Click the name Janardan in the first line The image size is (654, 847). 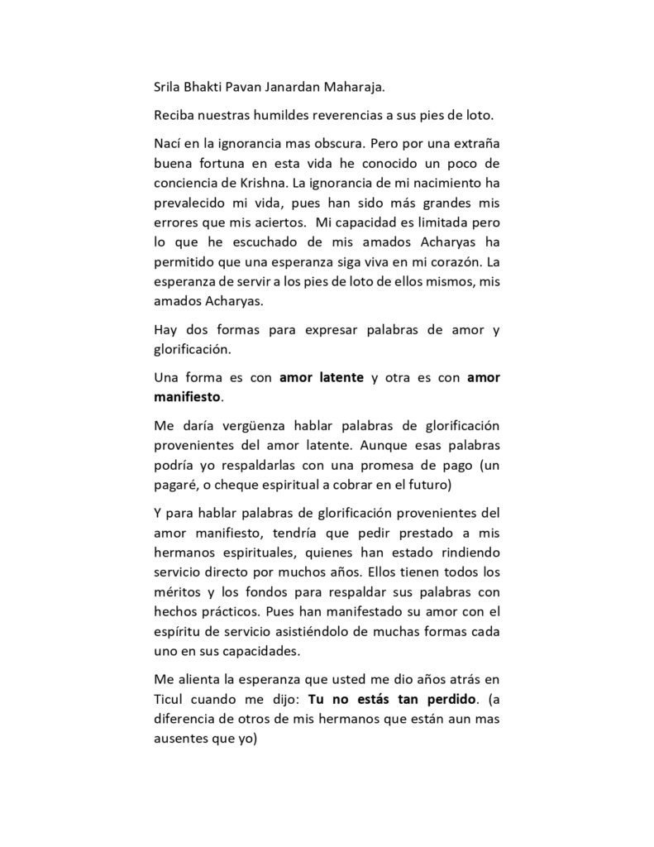pos(315,85)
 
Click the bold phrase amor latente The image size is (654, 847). pos(322,378)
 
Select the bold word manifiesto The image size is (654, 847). pos(188,396)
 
